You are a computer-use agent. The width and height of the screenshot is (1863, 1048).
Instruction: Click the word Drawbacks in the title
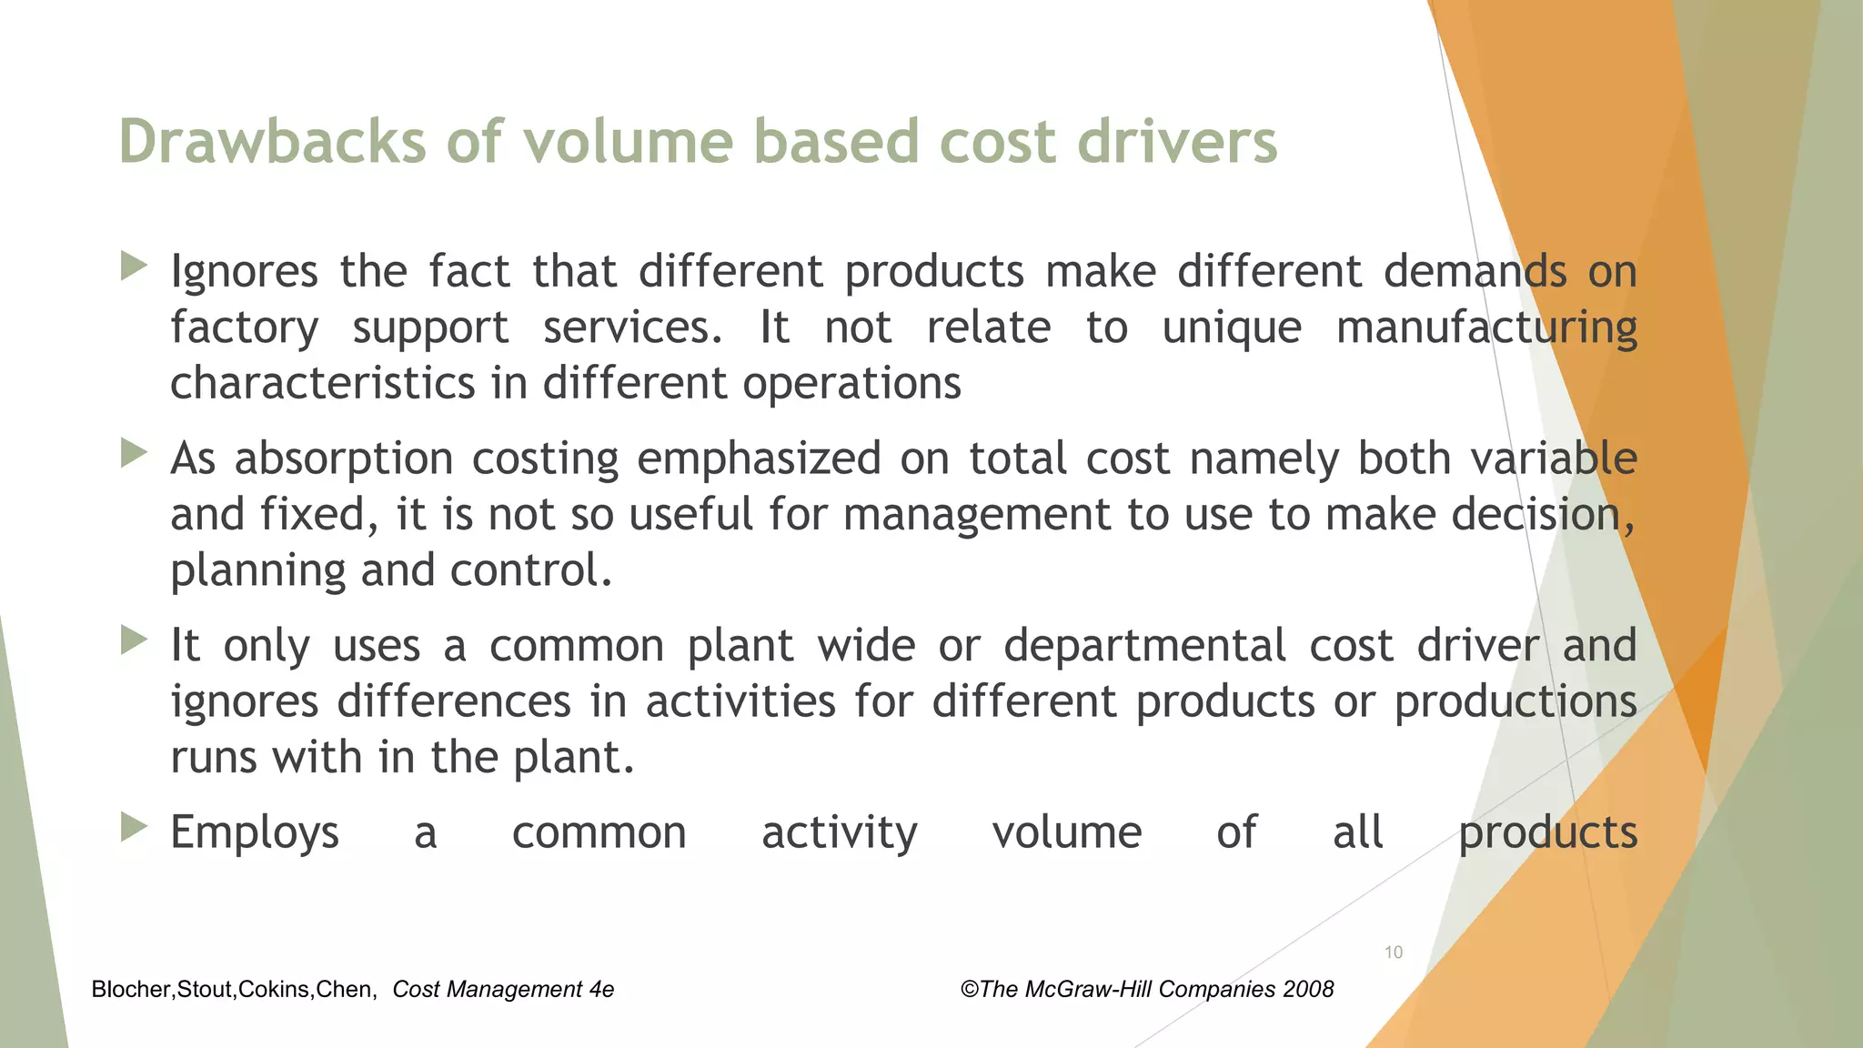(272, 143)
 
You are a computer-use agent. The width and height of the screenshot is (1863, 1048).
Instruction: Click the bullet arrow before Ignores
(134, 267)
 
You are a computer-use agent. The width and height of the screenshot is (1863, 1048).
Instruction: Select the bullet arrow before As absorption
(134, 453)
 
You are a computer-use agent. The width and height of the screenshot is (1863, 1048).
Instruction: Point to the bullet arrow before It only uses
(134, 640)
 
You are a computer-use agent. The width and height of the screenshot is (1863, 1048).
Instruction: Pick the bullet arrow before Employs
(134, 827)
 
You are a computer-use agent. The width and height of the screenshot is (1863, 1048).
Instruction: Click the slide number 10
(1393, 952)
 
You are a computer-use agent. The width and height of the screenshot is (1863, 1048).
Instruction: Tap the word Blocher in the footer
(131, 990)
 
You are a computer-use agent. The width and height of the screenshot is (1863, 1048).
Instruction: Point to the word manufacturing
(1486, 328)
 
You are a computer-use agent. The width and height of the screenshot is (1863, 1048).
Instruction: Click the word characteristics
(322, 383)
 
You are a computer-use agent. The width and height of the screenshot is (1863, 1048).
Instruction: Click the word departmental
(1144, 646)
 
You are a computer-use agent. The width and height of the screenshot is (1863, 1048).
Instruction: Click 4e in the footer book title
(601, 990)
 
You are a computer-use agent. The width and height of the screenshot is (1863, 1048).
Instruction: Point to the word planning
(257, 572)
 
